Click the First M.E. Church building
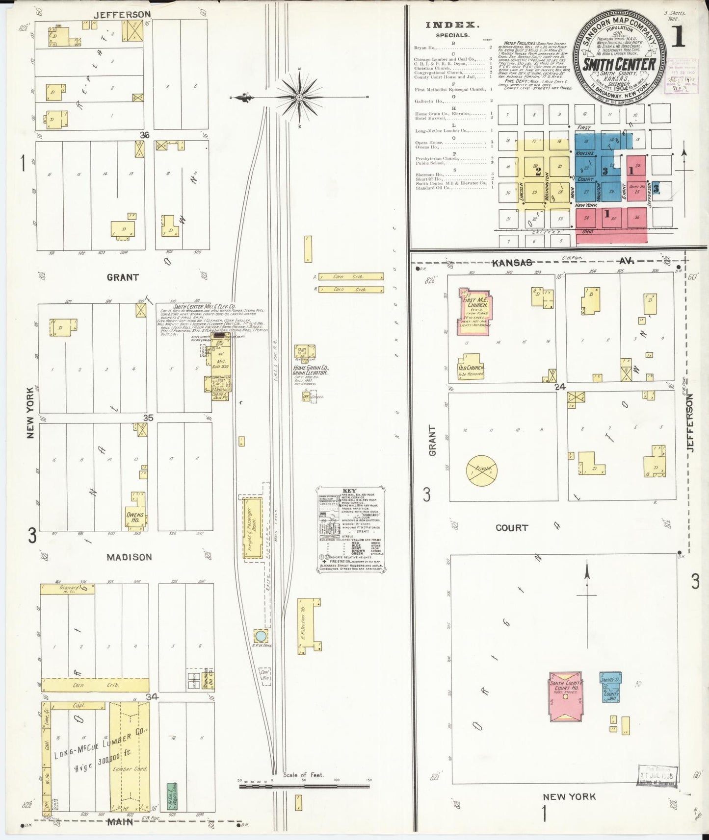(x=474, y=312)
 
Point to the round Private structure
(x=481, y=470)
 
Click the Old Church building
(x=471, y=367)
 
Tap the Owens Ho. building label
(x=135, y=518)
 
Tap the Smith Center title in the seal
(x=619, y=64)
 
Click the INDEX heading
(x=452, y=25)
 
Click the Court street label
(x=512, y=528)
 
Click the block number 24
(x=560, y=387)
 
